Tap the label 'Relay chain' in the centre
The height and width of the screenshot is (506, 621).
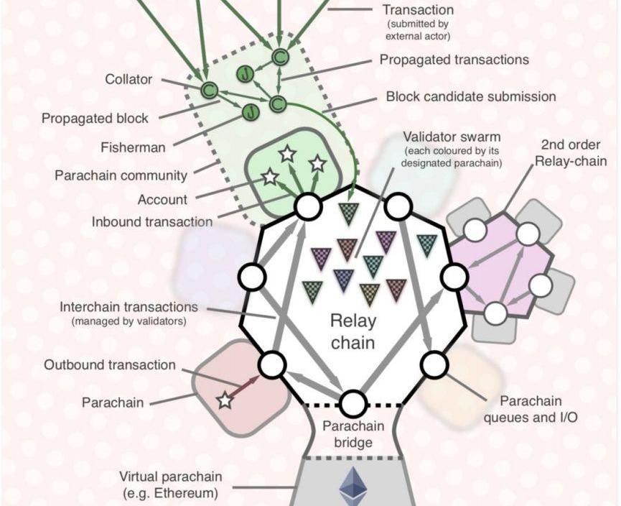352,331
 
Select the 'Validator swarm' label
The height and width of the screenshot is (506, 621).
452,136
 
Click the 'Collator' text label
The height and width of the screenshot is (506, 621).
129,79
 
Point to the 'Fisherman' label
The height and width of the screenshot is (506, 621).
133,147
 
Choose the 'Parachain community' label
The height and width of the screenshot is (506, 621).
121,175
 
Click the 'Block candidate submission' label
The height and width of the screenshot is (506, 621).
471,96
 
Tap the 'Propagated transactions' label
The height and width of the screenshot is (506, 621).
454,60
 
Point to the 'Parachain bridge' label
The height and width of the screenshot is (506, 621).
353,433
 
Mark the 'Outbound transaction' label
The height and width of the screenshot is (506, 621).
110,365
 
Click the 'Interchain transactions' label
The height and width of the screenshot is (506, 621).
129,308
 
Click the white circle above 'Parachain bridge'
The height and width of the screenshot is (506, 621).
353,404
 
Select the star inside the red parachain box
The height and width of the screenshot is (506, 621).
225,400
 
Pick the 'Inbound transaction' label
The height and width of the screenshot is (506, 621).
152,222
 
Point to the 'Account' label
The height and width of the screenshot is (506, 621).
162,200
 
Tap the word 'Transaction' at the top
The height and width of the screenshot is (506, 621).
418,10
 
